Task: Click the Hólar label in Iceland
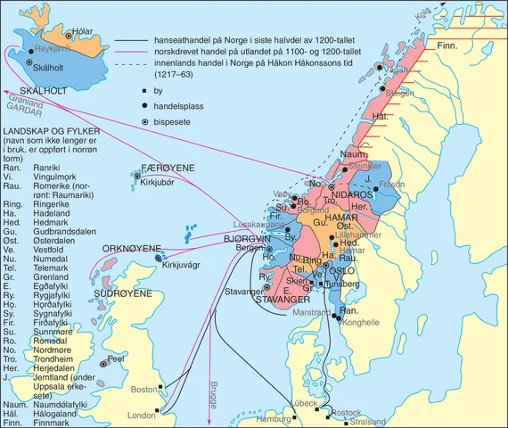click(x=82, y=32)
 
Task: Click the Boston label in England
click(x=143, y=390)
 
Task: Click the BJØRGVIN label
click(x=247, y=240)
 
